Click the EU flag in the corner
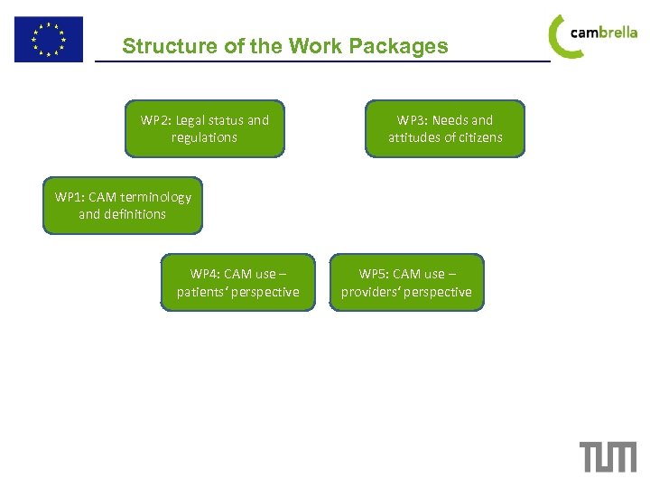click(48, 39)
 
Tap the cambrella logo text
click(604, 33)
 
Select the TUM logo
click(608, 456)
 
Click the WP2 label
click(155, 120)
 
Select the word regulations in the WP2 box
click(204, 137)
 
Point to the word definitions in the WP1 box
click(135, 214)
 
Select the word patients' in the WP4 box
click(203, 292)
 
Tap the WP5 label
click(374, 274)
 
